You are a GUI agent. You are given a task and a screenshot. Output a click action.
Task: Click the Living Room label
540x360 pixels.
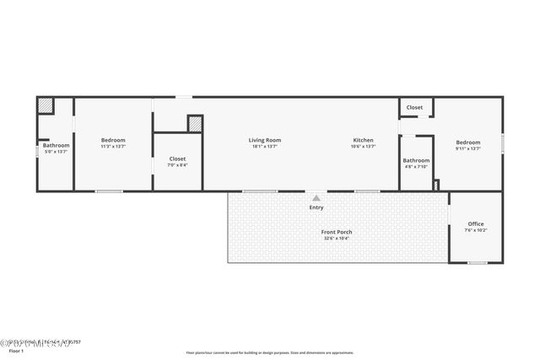pos(264,140)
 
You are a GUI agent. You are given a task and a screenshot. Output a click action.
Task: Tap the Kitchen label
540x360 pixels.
pos(363,140)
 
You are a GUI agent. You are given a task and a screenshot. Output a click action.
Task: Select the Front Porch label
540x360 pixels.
pos(337,232)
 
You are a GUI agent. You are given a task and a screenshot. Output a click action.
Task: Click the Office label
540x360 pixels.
pos(476,223)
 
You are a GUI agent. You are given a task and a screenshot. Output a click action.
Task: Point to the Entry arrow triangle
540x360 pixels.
pos(316,198)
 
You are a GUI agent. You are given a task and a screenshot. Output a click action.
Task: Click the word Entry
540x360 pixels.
pos(316,207)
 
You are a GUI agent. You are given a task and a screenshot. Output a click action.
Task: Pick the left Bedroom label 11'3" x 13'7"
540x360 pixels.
pos(113,140)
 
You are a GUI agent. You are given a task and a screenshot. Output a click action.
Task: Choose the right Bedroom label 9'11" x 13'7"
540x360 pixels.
pos(468,142)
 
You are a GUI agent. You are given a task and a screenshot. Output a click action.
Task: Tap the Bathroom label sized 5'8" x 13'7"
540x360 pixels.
pos(57,145)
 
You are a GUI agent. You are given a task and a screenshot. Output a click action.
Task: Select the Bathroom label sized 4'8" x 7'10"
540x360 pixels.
pos(416,160)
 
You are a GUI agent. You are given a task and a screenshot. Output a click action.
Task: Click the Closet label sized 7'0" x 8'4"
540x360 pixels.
pos(177,159)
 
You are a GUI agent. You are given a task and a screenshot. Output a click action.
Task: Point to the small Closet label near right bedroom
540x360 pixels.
pos(414,108)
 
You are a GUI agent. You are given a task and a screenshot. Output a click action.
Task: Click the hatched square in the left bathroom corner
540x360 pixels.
pos(45,106)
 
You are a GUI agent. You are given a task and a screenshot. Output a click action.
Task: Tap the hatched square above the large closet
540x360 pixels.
pos(195,123)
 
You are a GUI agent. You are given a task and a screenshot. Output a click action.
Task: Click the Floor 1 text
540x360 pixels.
pos(15,350)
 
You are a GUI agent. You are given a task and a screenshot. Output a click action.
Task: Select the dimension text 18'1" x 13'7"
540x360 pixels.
pos(264,147)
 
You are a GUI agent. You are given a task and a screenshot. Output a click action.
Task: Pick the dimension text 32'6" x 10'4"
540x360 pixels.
pos(337,239)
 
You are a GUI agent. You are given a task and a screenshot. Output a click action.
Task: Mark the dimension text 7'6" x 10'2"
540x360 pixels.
pos(476,230)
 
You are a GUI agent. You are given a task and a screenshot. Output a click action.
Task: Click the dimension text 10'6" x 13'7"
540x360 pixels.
pos(363,147)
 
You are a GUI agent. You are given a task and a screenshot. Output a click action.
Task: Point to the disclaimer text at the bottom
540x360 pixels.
pos(270,352)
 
